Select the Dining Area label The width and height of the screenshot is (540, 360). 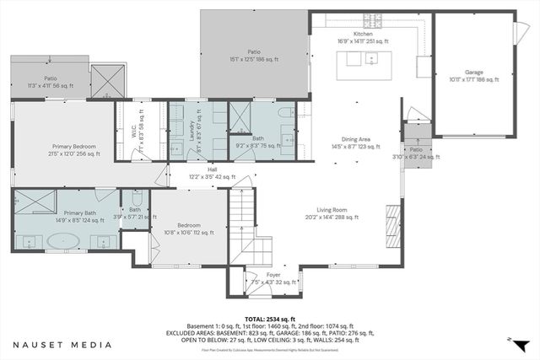pos(361,142)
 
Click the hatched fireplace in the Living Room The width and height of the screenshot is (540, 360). pos(392,223)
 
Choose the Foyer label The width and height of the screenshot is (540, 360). pos(273,278)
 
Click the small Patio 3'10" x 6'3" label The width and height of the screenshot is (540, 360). pos(416,153)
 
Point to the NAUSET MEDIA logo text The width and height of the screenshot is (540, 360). pos(62,345)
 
